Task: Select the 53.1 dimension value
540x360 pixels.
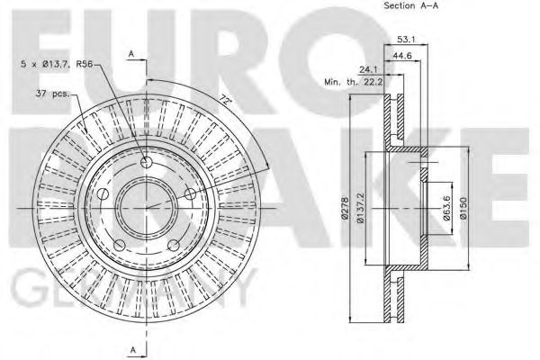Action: [x=405, y=39]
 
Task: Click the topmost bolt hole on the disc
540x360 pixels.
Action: [x=146, y=162]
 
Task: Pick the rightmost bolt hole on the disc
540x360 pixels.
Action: [x=190, y=194]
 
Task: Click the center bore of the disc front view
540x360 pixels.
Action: [x=147, y=207]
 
